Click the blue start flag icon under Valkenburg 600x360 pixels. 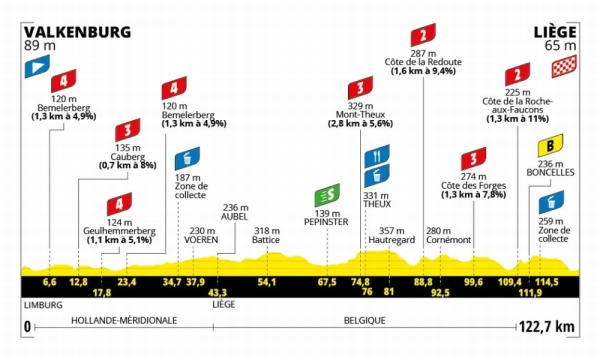37,66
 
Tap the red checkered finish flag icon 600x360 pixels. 564,66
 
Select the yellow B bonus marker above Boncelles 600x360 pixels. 550,145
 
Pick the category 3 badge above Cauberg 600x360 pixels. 128,130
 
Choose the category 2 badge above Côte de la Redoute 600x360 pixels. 423,35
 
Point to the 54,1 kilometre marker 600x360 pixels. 266,282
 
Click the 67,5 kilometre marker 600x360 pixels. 327,282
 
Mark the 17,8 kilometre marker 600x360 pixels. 101,292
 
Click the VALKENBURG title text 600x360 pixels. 77,32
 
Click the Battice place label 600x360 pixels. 266,240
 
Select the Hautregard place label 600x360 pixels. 392,240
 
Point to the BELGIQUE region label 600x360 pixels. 365,320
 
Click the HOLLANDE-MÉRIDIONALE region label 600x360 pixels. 124,320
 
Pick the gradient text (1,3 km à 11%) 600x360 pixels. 517,119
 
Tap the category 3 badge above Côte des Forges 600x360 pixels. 473,159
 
